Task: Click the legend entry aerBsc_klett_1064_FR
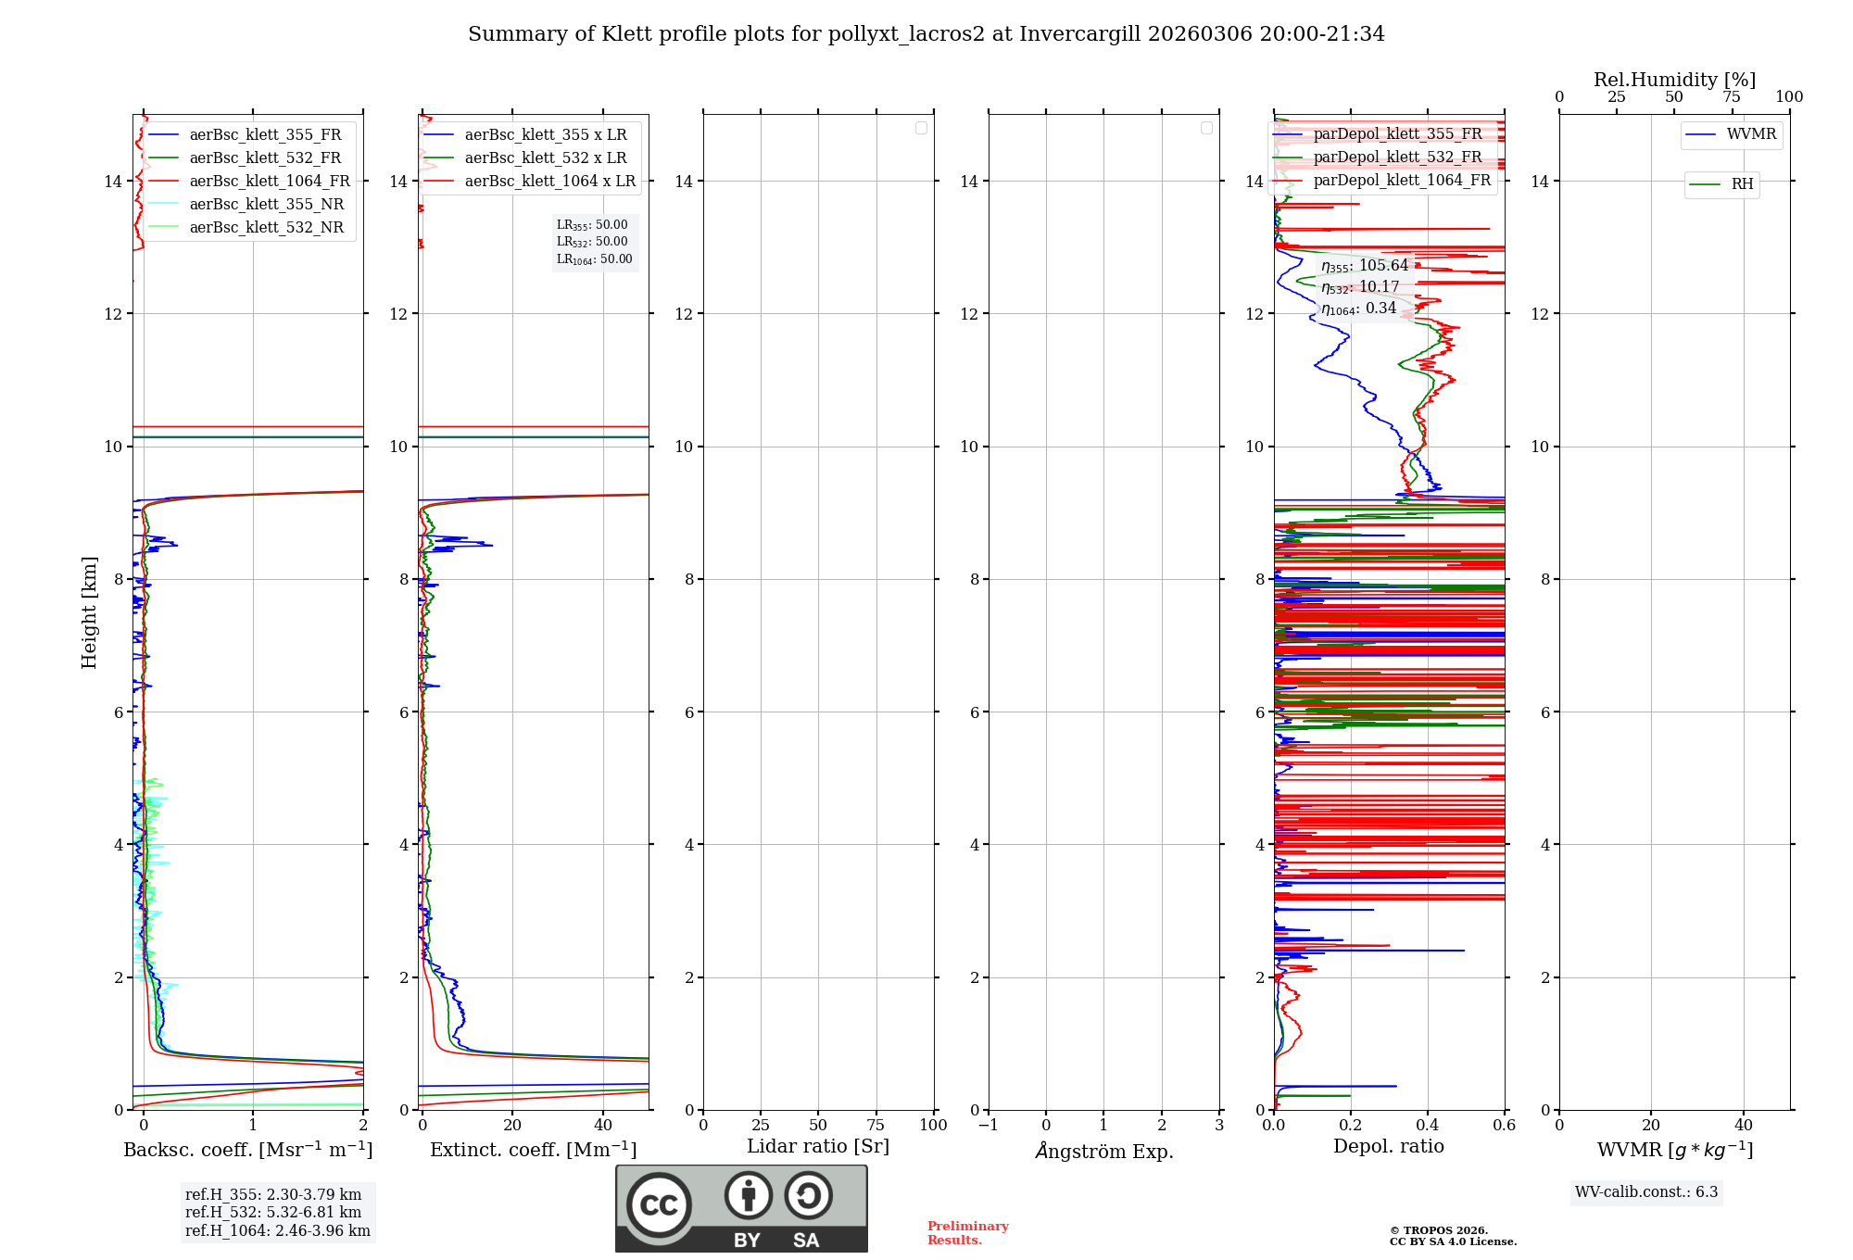269,182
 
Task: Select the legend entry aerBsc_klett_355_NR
266,205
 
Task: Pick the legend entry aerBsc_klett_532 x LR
545,158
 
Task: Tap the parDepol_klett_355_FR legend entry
1396,134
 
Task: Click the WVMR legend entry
1750,134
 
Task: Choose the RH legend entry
1741,184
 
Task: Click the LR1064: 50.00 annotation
594,259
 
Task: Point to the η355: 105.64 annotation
1365,266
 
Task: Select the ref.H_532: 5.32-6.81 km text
273,1213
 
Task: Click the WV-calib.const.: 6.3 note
1646,1192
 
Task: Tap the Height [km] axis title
89,612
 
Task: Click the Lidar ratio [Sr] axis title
818,1147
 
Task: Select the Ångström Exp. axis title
1104,1152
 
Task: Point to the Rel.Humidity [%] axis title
1674,80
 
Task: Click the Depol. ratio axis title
1388,1147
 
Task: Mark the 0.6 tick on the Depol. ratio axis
1504,1126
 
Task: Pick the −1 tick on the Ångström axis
988,1126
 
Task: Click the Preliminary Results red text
967,1233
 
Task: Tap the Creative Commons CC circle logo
659,1205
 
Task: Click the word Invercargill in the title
1079,34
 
